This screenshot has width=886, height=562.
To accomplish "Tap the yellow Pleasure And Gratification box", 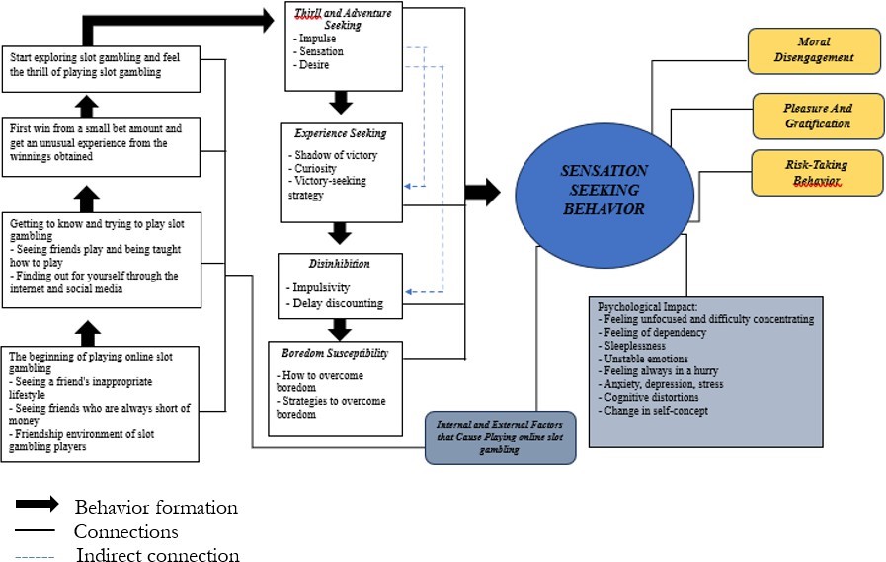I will (x=817, y=116).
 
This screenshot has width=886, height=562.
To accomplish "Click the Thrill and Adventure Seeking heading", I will (x=344, y=19).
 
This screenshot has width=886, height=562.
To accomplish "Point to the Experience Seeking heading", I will (x=340, y=132).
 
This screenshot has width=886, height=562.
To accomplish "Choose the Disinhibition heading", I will (x=339, y=265).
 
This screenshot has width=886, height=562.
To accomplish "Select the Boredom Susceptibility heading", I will (x=335, y=352).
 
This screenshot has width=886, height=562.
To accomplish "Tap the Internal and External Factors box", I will (x=501, y=437).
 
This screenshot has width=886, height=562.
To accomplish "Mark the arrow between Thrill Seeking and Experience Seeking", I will (x=340, y=101).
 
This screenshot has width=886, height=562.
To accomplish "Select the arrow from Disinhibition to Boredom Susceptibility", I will (x=340, y=328).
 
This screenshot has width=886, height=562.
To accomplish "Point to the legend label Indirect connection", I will (x=157, y=555).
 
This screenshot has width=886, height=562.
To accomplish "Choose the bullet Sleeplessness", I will (x=632, y=346).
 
